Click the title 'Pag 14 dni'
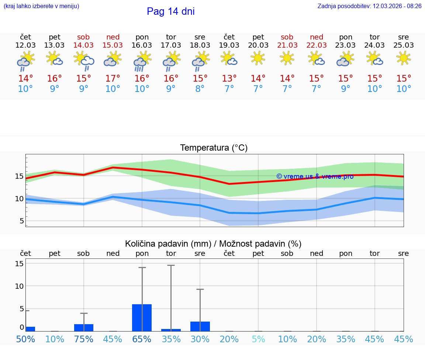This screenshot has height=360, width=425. [x=170, y=11]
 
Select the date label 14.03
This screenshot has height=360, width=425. [x=83, y=45]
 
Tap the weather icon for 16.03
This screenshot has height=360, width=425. [x=142, y=61]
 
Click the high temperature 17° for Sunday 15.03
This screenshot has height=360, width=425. [x=113, y=78]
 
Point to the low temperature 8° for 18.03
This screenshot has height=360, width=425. [x=200, y=89]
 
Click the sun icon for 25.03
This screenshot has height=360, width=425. [x=404, y=58]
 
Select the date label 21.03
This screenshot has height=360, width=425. [x=287, y=45]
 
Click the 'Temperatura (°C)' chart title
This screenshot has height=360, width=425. [x=214, y=148]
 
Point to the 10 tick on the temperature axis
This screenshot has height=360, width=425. [x=19, y=199]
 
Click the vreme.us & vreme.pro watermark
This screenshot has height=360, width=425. [x=315, y=176]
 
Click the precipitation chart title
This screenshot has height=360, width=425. [x=213, y=244]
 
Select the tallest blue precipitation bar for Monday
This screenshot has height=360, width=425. [x=142, y=318]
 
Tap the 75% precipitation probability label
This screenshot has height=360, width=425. [x=83, y=339]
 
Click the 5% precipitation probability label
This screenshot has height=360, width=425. [x=258, y=339]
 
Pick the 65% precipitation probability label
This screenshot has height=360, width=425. [x=142, y=339]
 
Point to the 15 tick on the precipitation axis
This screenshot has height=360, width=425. [x=19, y=264]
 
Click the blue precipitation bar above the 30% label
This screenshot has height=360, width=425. [x=200, y=326]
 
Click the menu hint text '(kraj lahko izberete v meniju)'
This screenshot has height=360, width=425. [x=41, y=6]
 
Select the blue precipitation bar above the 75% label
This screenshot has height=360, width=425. [x=83, y=328]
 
